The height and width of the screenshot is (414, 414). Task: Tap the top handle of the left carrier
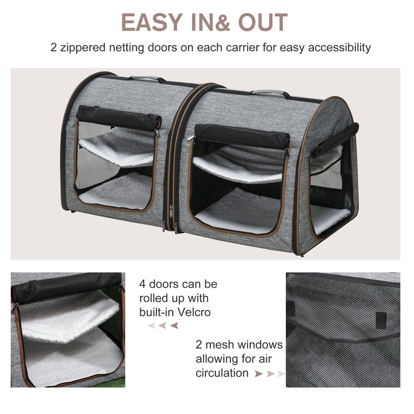(x=145, y=78)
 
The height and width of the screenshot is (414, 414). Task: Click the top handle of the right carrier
(x=269, y=92)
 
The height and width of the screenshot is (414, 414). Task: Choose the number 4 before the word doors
(x=143, y=284)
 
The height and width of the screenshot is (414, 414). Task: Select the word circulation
(x=221, y=373)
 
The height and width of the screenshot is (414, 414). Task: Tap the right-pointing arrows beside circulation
(x=270, y=374)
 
